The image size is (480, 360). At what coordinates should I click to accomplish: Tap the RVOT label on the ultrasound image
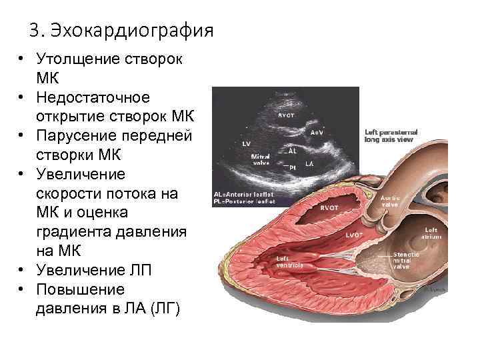click(287, 115)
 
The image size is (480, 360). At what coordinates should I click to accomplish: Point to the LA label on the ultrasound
click(310, 163)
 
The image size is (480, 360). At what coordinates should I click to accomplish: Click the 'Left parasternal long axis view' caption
click(389, 135)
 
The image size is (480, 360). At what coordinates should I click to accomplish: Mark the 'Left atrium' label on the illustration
click(431, 233)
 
